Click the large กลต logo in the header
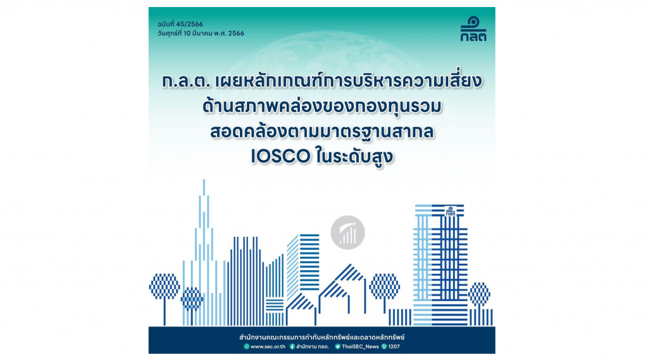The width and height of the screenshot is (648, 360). tap(473, 29)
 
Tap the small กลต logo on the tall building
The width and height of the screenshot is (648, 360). tap(451, 211)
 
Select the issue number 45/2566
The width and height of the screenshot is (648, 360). tap(189, 24)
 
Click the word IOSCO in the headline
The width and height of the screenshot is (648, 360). tap(280, 157)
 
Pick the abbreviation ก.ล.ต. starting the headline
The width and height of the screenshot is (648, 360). tap(187, 82)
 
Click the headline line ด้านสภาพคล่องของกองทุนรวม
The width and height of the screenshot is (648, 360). tap(322, 106)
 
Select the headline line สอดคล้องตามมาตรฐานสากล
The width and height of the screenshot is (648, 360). tap(322, 132)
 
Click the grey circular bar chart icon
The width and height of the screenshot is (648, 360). tap(347, 232)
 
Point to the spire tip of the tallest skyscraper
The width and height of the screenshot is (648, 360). tap(204, 180)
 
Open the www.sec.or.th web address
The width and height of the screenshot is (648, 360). tap(268, 346)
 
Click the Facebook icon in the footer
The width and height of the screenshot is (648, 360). tap(292, 346)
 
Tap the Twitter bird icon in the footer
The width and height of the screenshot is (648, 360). tap(338, 346)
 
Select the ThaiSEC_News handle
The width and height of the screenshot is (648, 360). tap(360, 346)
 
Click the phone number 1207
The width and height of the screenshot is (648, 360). tap(394, 346)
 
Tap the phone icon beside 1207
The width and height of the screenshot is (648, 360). tap(384, 346)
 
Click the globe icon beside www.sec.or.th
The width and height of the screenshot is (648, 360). tap(246, 346)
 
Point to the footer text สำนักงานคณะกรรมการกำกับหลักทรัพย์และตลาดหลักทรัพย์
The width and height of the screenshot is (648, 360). tap(322, 337)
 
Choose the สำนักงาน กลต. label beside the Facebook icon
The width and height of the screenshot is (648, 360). tap(313, 346)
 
